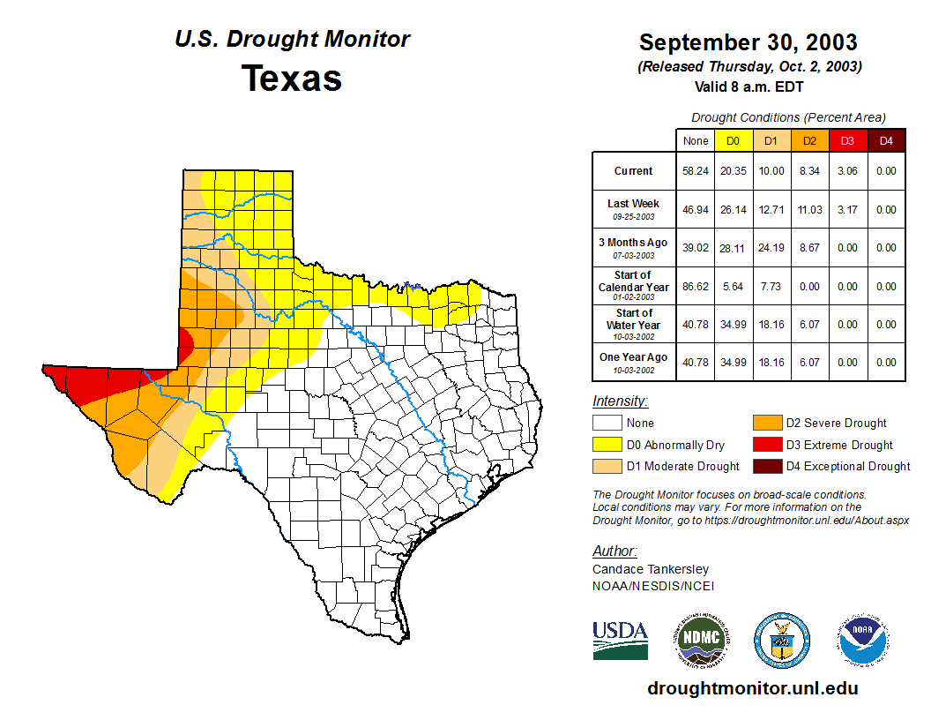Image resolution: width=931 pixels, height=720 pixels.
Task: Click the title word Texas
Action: coord(292,79)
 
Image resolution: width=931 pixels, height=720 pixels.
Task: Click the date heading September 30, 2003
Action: coord(748,42)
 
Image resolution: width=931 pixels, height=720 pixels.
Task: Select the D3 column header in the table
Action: coord(846,140)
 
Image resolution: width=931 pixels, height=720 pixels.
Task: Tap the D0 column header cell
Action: coord(733,140)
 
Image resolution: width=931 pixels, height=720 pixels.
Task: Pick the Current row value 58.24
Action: coord(696,171)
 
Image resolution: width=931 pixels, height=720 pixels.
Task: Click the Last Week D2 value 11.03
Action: coord(808,210)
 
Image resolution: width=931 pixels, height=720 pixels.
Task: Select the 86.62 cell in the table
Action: coord(696,287)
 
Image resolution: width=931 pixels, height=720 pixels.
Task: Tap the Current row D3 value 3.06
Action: coord(846,171)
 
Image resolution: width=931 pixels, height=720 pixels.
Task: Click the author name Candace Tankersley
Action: coord(650,569)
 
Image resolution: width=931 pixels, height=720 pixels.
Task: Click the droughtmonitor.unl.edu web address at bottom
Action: coord(752,688)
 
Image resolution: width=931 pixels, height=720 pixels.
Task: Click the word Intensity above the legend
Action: coord(620,401)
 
